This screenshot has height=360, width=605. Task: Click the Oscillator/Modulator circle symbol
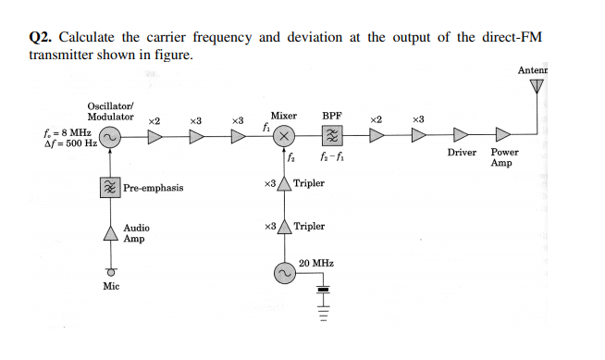[x=109, y=138]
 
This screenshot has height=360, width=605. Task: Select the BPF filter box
[x=332, y=138]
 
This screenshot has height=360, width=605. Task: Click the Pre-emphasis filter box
[x=109, y=187]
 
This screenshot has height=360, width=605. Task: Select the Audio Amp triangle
[x=109, y=232]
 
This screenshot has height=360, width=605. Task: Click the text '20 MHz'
[x=316, y=263]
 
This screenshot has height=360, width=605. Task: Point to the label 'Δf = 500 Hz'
[x=64, y=144]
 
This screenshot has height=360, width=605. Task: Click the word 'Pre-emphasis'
[x=153, y=188]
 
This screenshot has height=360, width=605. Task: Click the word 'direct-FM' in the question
[x=512, y=37]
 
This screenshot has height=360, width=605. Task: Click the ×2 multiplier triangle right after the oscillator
[x=154, y=138]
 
